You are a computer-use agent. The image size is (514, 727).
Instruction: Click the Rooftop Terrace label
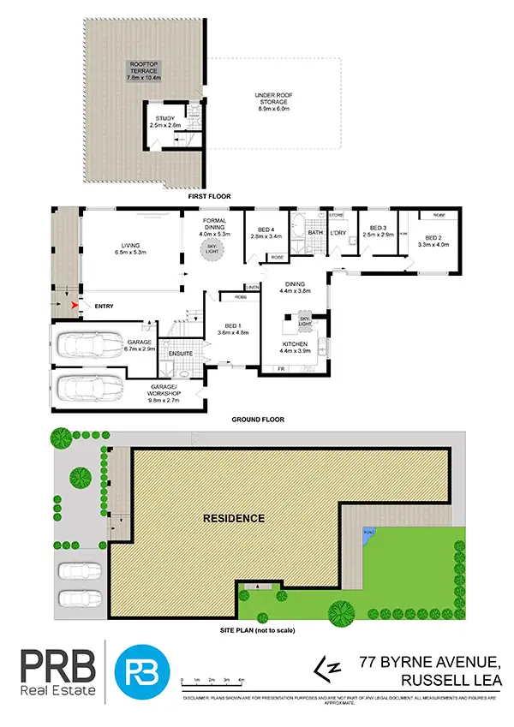pos(143,70)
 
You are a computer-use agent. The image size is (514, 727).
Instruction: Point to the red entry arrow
pos(75,303)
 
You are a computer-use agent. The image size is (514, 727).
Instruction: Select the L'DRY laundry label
pos(338,233)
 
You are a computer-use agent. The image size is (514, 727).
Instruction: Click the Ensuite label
pos(179,353)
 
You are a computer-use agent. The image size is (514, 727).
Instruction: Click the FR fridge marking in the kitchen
pos(281,369)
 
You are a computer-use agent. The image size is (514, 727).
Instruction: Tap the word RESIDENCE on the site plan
pos(234,519)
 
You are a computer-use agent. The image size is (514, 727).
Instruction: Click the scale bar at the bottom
pos(215,680)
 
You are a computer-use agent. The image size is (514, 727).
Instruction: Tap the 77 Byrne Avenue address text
pos(415,662)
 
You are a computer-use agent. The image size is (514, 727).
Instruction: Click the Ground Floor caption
pos(258,420)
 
